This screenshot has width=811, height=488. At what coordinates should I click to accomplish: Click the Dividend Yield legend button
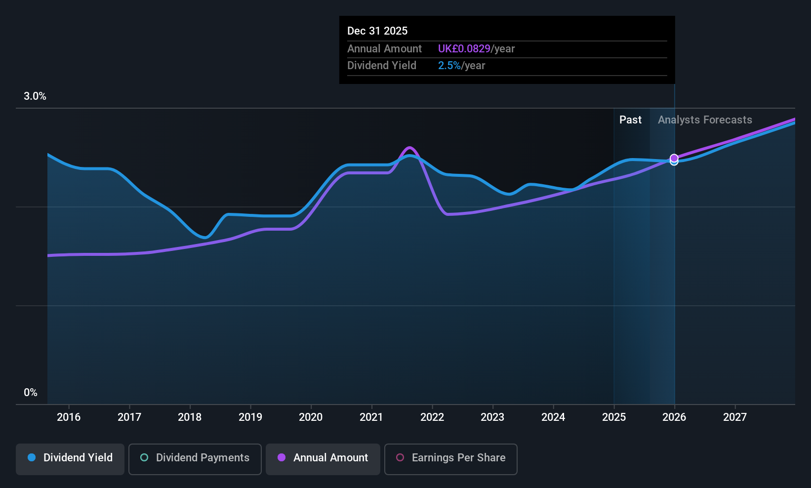(70, 458)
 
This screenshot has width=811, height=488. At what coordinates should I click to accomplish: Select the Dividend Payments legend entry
(195, 458)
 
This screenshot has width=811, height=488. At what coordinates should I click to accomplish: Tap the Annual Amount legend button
(323, 458)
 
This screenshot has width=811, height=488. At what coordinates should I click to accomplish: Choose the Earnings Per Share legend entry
(450, 458)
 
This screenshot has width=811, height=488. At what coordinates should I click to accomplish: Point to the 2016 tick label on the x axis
(69, 417)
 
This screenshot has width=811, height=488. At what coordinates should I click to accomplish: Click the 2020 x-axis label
(311, 417)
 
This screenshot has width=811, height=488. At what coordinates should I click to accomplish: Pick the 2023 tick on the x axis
(492, 417)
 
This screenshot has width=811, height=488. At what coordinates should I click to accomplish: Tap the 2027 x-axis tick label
(735, 417)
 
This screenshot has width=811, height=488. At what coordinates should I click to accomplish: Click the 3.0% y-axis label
(35, 96)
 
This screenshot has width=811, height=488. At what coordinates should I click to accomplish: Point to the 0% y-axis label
(31, 393)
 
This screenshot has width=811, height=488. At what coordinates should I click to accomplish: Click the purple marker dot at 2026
(674, 158)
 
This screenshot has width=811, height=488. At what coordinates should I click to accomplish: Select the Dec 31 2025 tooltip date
(377, 31)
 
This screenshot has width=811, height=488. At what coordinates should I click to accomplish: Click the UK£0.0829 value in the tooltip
(464, 49)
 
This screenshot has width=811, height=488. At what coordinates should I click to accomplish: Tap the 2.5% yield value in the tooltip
(449, 66)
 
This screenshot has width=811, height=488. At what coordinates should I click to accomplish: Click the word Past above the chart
(630, 120)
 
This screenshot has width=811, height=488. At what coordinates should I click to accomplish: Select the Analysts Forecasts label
(705, 120)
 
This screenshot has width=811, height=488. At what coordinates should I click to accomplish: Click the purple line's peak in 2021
(409, 148)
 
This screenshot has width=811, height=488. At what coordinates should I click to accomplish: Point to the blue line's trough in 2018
(205, 238)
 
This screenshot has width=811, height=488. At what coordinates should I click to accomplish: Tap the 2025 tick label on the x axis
(614, 417)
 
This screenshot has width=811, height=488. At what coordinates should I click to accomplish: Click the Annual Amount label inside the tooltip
(384, 49)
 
